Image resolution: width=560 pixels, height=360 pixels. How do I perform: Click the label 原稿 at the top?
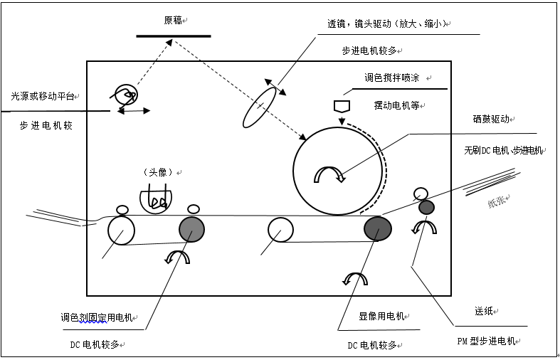click(x=173, y=21)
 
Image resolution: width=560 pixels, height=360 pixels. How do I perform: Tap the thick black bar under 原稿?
click(x=174, y=35)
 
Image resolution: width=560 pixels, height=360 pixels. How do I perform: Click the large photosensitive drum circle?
click(x=339, y=171)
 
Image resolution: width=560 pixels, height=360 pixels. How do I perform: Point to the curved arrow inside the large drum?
click(x=329, y=173)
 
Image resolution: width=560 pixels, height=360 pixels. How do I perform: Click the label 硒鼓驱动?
click(x=491, y=120)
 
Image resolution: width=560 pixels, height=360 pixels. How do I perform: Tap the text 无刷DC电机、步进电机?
click(x=503, y=150)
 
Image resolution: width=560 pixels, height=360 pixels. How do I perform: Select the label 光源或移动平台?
click(x=43, y=95)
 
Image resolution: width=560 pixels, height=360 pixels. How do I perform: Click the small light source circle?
click(x=125, y=93)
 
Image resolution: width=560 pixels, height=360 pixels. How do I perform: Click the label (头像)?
click(x=159, y=173)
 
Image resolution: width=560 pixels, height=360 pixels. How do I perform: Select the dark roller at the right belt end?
click(x=378, y=228)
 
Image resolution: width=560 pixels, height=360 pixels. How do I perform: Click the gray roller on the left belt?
click(x=191, y=229)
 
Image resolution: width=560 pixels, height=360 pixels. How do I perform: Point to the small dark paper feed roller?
click(x=426, y=207)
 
